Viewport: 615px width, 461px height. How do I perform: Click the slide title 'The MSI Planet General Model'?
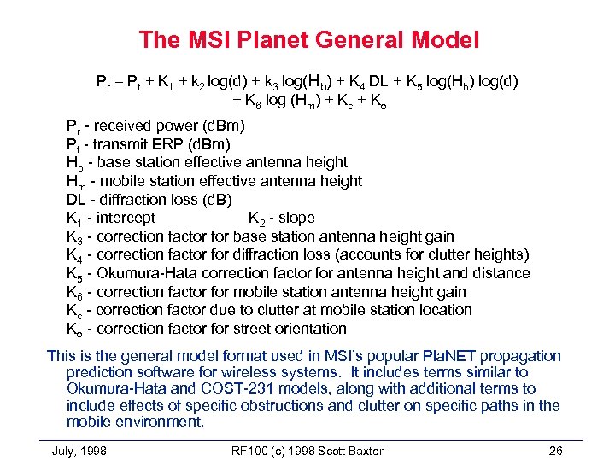pyautogui.click(x=308, y=39)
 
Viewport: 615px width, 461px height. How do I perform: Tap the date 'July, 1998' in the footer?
pyautogui.click(x=79, y=450)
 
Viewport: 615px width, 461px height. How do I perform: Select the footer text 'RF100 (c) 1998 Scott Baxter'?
pyautogui.click(x=307, y=450)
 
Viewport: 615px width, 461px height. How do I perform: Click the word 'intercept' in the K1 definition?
pyautogui.click(x=126, y=218)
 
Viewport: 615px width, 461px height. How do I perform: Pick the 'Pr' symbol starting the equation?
pyautogui.click(x=103, y=82)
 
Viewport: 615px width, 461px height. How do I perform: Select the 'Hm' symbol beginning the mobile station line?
pyautogui.click(x=75, y=181)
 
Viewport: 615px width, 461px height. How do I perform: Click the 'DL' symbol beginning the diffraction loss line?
pyautogui.click(x=76, y=199)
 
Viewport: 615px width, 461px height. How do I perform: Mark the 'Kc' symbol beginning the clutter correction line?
pyautogui.click(x=74, y=311)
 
